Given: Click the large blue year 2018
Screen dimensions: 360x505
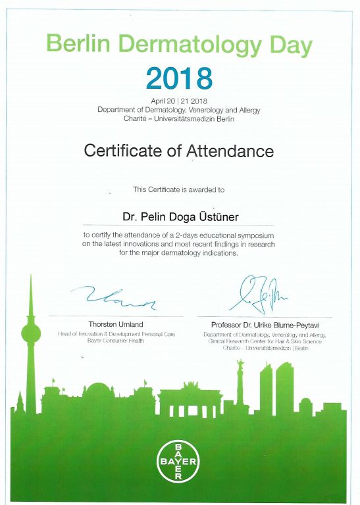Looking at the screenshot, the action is point(179,78).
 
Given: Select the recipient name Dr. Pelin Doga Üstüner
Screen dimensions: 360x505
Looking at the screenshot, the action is point(179,215).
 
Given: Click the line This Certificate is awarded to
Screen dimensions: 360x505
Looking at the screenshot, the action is point(179,189).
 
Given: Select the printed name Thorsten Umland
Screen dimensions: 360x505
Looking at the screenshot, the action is point(116,324).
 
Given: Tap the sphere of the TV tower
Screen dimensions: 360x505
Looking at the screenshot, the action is point(30,333).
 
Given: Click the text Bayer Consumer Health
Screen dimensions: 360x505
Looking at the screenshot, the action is point(116,341).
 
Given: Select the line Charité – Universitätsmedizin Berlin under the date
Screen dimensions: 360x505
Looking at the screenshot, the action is point(179,118).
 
